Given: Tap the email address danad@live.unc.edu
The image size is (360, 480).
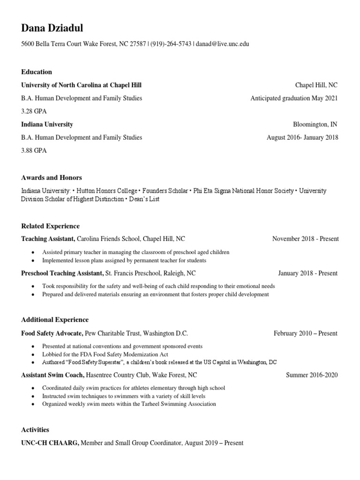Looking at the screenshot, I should (x=222, y=44).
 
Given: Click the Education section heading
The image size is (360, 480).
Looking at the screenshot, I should (x=37, y=72).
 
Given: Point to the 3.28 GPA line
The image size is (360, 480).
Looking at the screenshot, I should (x=34, y=112).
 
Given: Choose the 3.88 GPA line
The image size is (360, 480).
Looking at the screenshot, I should (x=34, y=151).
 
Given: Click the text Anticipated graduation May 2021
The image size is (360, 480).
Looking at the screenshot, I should (x=294, y=98).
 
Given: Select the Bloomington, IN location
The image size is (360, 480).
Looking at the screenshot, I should (x=315, y=125).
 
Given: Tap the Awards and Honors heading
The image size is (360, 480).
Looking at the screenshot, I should (x=52, y=178).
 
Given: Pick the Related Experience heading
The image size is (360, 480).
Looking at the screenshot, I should (x=51, y=226).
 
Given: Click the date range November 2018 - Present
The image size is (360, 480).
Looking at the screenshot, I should (x=305, y=239).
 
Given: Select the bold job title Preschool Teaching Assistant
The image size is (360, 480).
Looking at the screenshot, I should (x=62, y=273).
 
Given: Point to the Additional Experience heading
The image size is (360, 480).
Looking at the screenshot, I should (x=55, y=320).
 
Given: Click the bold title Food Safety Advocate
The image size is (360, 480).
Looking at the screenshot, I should (x=52, y=334).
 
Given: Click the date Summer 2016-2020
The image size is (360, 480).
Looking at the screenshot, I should (x=312, y=375).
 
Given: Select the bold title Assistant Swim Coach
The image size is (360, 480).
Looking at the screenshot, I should (x=52, y=375).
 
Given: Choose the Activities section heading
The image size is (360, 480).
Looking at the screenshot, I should (x=35, y=430).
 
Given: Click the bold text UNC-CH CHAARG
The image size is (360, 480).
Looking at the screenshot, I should (x=50, y=443).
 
